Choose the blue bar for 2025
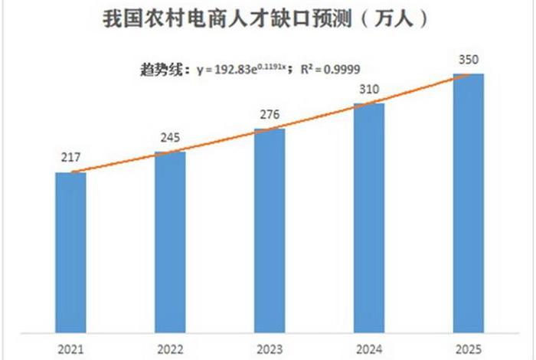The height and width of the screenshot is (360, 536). pos(469,202)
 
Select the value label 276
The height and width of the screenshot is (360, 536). pos(270,115)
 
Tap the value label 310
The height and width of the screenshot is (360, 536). pos(369,90)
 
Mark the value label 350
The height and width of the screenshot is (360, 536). pos(469,60)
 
